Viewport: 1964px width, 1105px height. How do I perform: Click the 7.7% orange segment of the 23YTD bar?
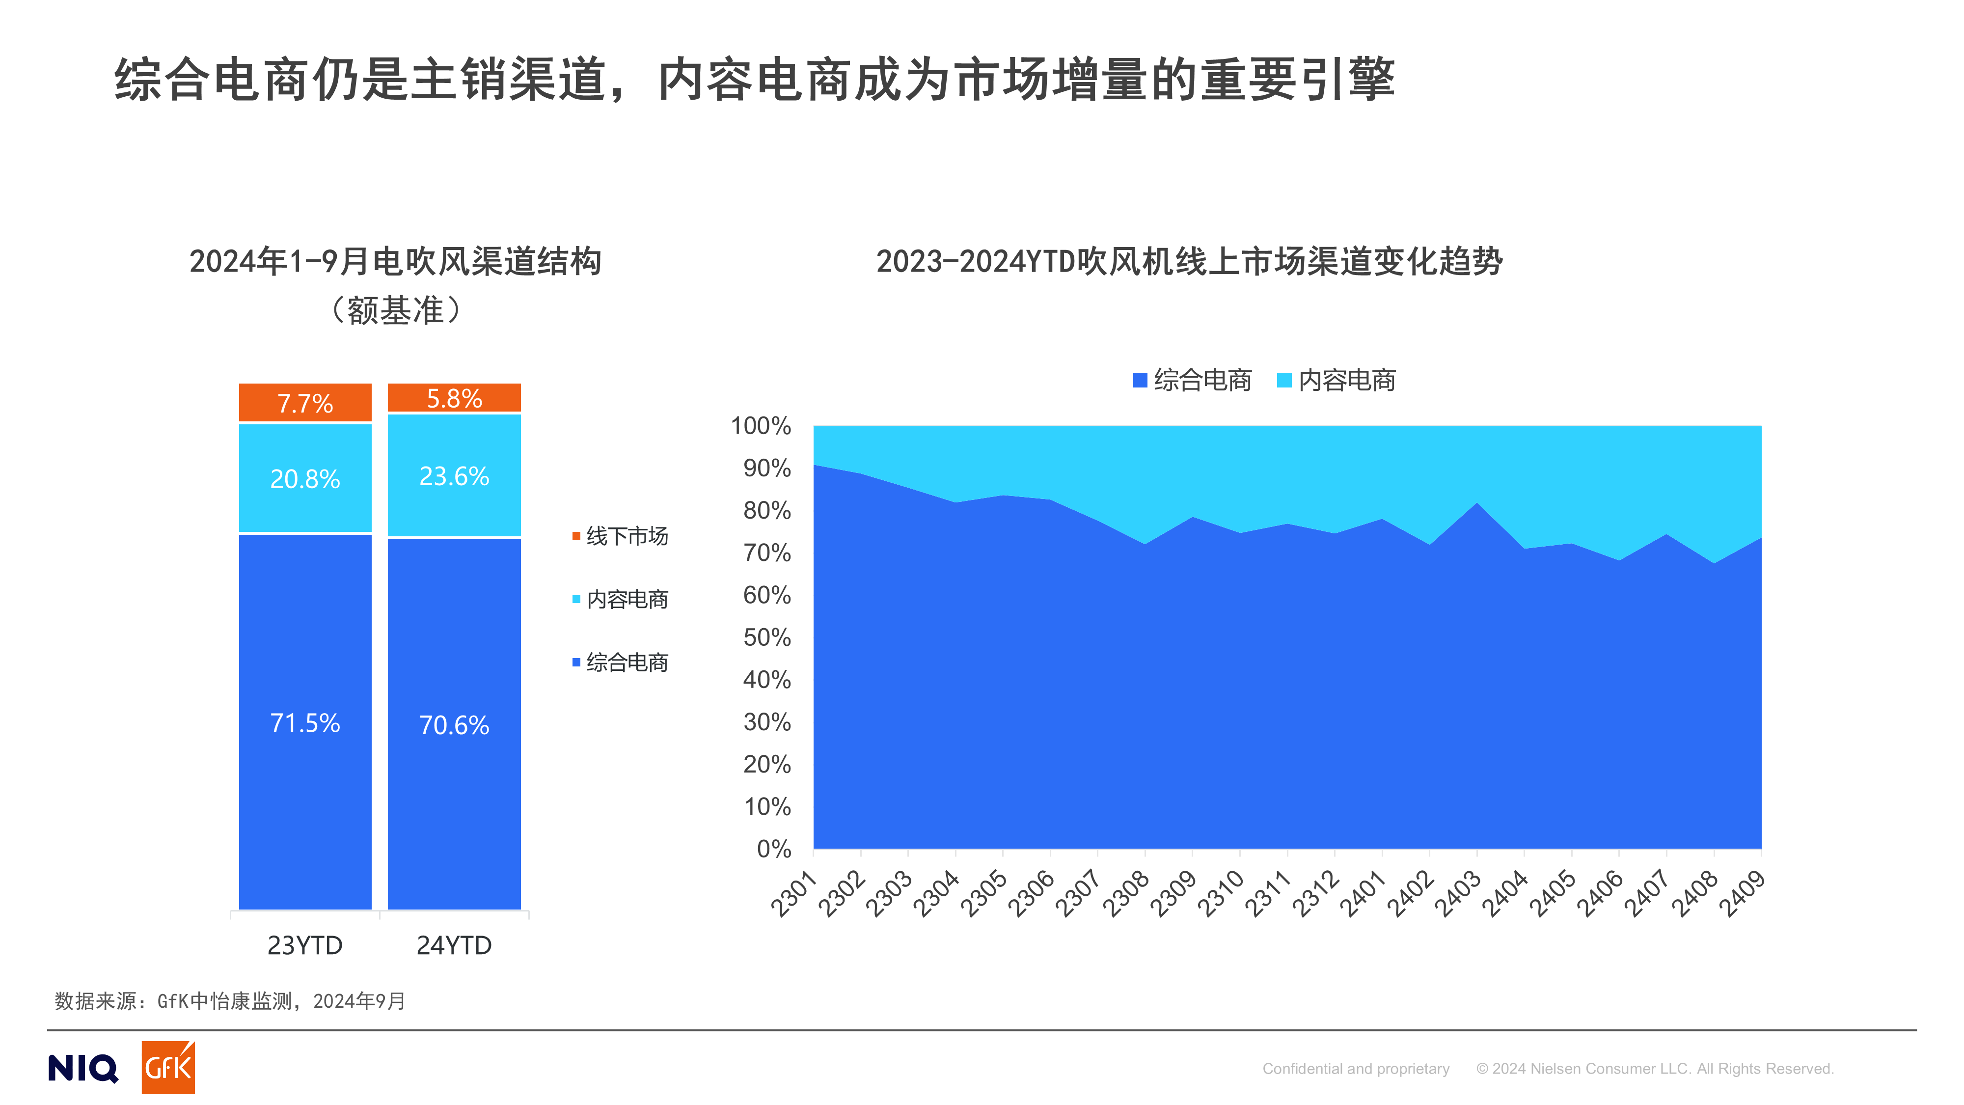point(305,403)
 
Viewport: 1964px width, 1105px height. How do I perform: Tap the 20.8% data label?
point(305,479)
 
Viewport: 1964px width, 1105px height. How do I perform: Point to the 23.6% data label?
point(454,476)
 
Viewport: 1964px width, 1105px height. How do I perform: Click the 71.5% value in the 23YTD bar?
point(305,723)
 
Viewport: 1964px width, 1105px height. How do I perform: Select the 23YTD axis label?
point(305,945)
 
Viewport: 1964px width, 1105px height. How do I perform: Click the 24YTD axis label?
point(454,945)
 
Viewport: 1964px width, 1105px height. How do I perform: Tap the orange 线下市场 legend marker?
point(576,536)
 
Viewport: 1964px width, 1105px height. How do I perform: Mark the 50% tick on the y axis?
point(767,637)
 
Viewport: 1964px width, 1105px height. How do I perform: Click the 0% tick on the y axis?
point(773,849)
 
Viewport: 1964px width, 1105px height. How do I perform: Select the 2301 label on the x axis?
point(793,894)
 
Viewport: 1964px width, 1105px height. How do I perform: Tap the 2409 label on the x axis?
point(1742,894)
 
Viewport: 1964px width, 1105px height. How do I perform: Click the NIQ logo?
point(83,1068)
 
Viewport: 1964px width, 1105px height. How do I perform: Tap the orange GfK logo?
point(168,1068)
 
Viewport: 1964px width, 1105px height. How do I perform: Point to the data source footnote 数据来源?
point(229,1001)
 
